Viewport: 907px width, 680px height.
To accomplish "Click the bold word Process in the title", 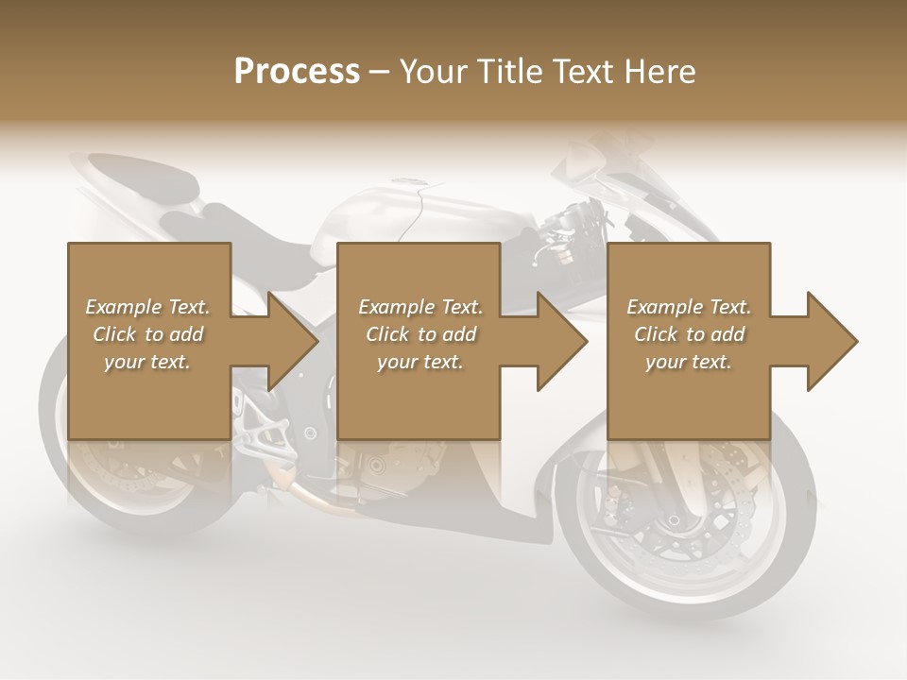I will point(297,72).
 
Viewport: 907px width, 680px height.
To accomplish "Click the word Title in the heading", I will point(510,72).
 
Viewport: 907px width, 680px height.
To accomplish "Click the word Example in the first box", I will point(124,307).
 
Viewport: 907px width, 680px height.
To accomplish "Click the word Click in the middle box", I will point(385,334).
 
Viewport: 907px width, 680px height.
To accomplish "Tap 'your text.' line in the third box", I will point(688,362).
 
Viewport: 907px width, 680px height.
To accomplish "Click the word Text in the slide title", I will point(583,72).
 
